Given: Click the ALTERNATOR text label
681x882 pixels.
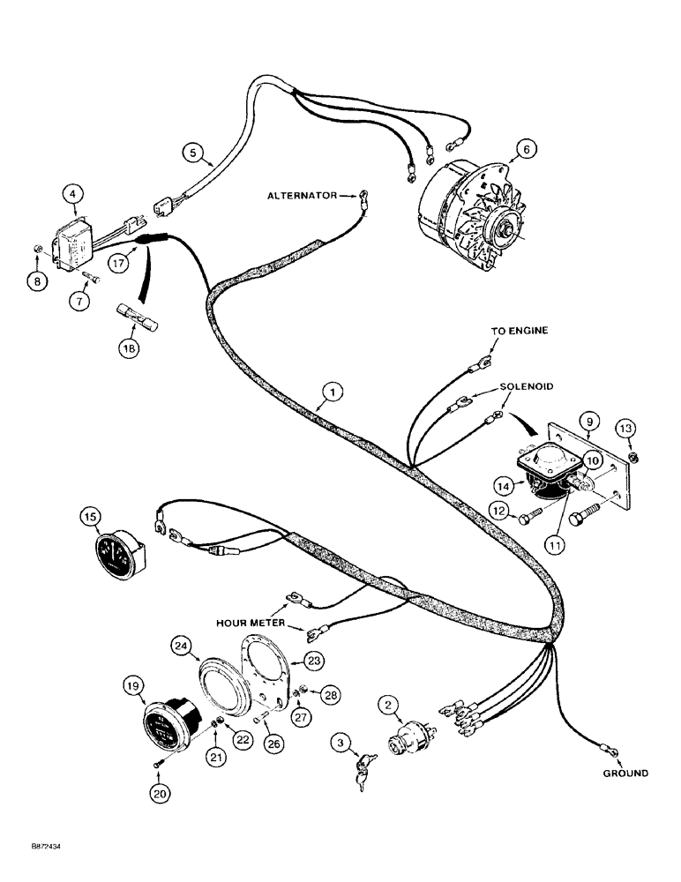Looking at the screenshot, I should [303, 195].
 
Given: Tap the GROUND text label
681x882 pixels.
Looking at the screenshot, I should [625, 773].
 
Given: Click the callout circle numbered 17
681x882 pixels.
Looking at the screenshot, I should [123, 262].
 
